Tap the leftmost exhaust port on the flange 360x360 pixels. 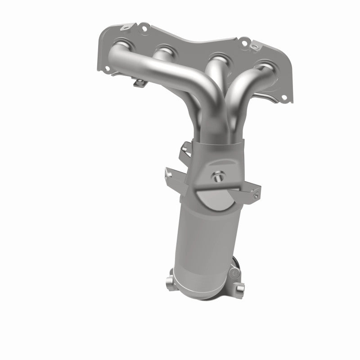(x=122, y=48)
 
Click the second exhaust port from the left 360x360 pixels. (x=166, y=51)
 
